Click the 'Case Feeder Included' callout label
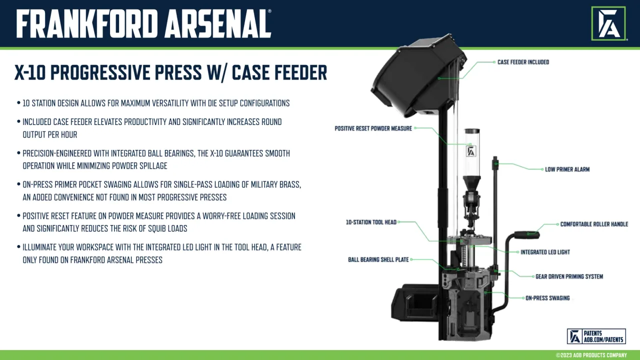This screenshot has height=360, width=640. (x=523, y=62)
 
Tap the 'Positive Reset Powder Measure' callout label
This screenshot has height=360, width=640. (x=373, y=128)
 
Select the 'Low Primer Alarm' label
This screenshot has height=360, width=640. (x=567, y=169)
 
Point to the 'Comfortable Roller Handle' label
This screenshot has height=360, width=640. (x=594, y=224)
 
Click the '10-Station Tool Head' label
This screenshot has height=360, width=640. (x=371, y=222)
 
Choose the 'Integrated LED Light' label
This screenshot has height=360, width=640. (x=545, y=252)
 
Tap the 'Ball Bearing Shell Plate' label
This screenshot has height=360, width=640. (x=378, y=259)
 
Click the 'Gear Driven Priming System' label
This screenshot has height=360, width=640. (x=569, y=276)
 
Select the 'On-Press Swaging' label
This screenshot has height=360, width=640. (x=547, y=298)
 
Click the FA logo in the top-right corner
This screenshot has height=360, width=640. (x=608, y=23)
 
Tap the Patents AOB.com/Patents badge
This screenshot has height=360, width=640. (x=596, y=336)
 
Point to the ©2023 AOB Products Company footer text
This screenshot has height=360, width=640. (x=591, y=355)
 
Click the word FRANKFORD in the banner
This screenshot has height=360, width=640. (x=87, y=23)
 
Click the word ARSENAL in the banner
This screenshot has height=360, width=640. (x=217, y=23)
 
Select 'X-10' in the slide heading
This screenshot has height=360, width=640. (x=30, y=72)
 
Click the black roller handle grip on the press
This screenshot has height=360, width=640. (x=527, y=235)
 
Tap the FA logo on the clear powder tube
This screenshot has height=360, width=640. (x=471, y=151)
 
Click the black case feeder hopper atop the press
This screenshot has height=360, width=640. (x=418, y=75)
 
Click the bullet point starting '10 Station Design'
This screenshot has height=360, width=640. (x=156, y=103)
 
